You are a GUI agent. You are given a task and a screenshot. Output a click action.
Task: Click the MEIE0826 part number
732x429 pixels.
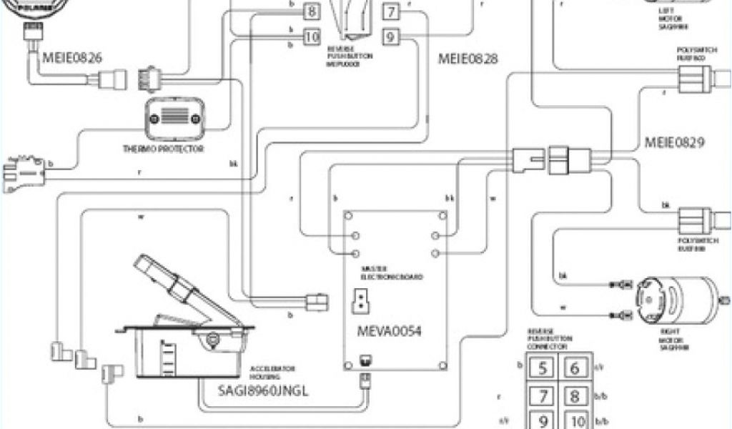(x=72, y=55)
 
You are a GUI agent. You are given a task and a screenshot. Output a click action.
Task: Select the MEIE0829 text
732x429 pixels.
(x=675, y=142)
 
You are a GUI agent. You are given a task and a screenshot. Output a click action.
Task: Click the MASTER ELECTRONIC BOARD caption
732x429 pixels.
(x=392, y=272)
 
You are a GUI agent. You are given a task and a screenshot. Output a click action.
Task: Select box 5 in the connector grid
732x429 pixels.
(x=543, y=369)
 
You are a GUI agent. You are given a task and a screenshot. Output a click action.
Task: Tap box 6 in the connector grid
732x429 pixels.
(x=574, y=369)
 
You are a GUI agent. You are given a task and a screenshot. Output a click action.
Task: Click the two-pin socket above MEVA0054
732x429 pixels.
(x=361, y=302)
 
